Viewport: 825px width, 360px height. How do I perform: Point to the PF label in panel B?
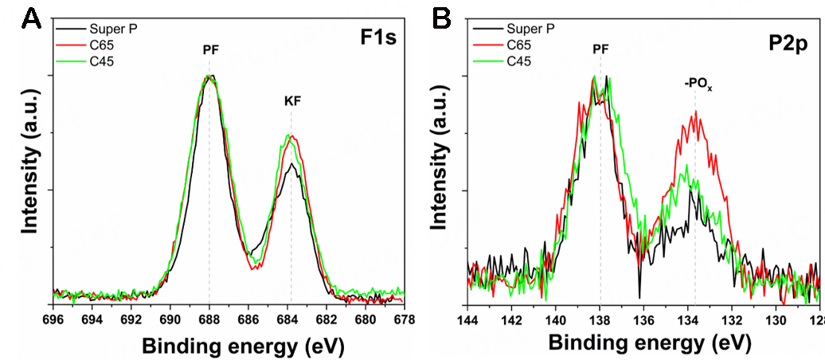coord(602,49)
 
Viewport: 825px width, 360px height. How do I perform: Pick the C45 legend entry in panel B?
coord(515,61)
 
